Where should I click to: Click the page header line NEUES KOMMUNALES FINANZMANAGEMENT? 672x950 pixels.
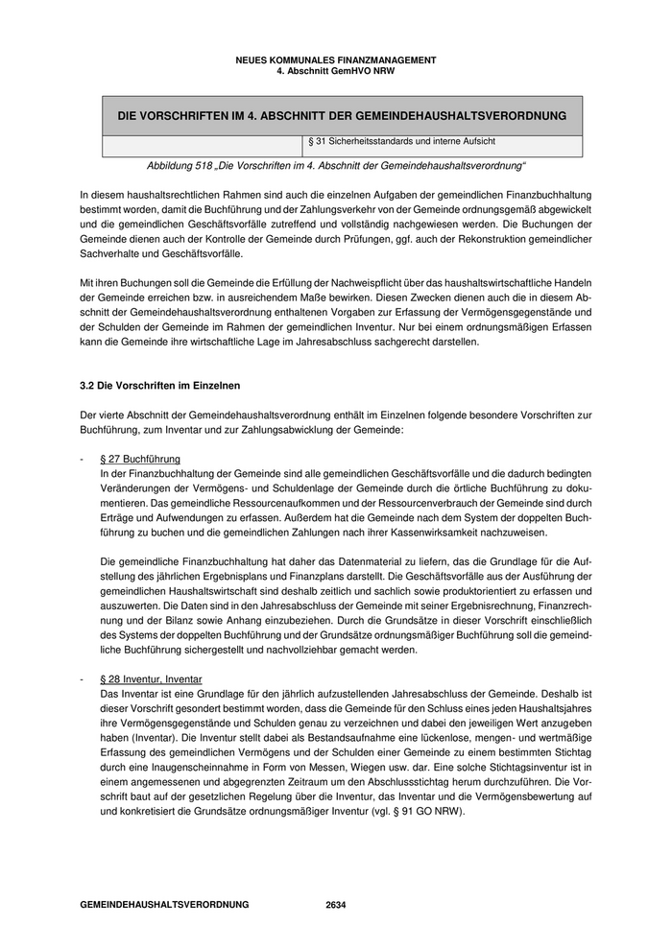[x=335, y=59]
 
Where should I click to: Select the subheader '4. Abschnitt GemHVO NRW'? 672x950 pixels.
[x=335, y=70]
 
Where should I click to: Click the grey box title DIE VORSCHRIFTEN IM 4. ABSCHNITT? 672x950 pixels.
[x=341, y=115]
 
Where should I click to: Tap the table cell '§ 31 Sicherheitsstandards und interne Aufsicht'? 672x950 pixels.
[x=401, y=142]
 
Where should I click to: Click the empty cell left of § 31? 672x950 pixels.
[x=202, y=145]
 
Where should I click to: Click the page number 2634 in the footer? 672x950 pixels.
[x=335, y=905]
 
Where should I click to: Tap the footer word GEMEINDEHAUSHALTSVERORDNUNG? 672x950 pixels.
[x=164, y=905]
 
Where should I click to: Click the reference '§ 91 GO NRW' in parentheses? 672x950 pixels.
[x=433, y=811]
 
